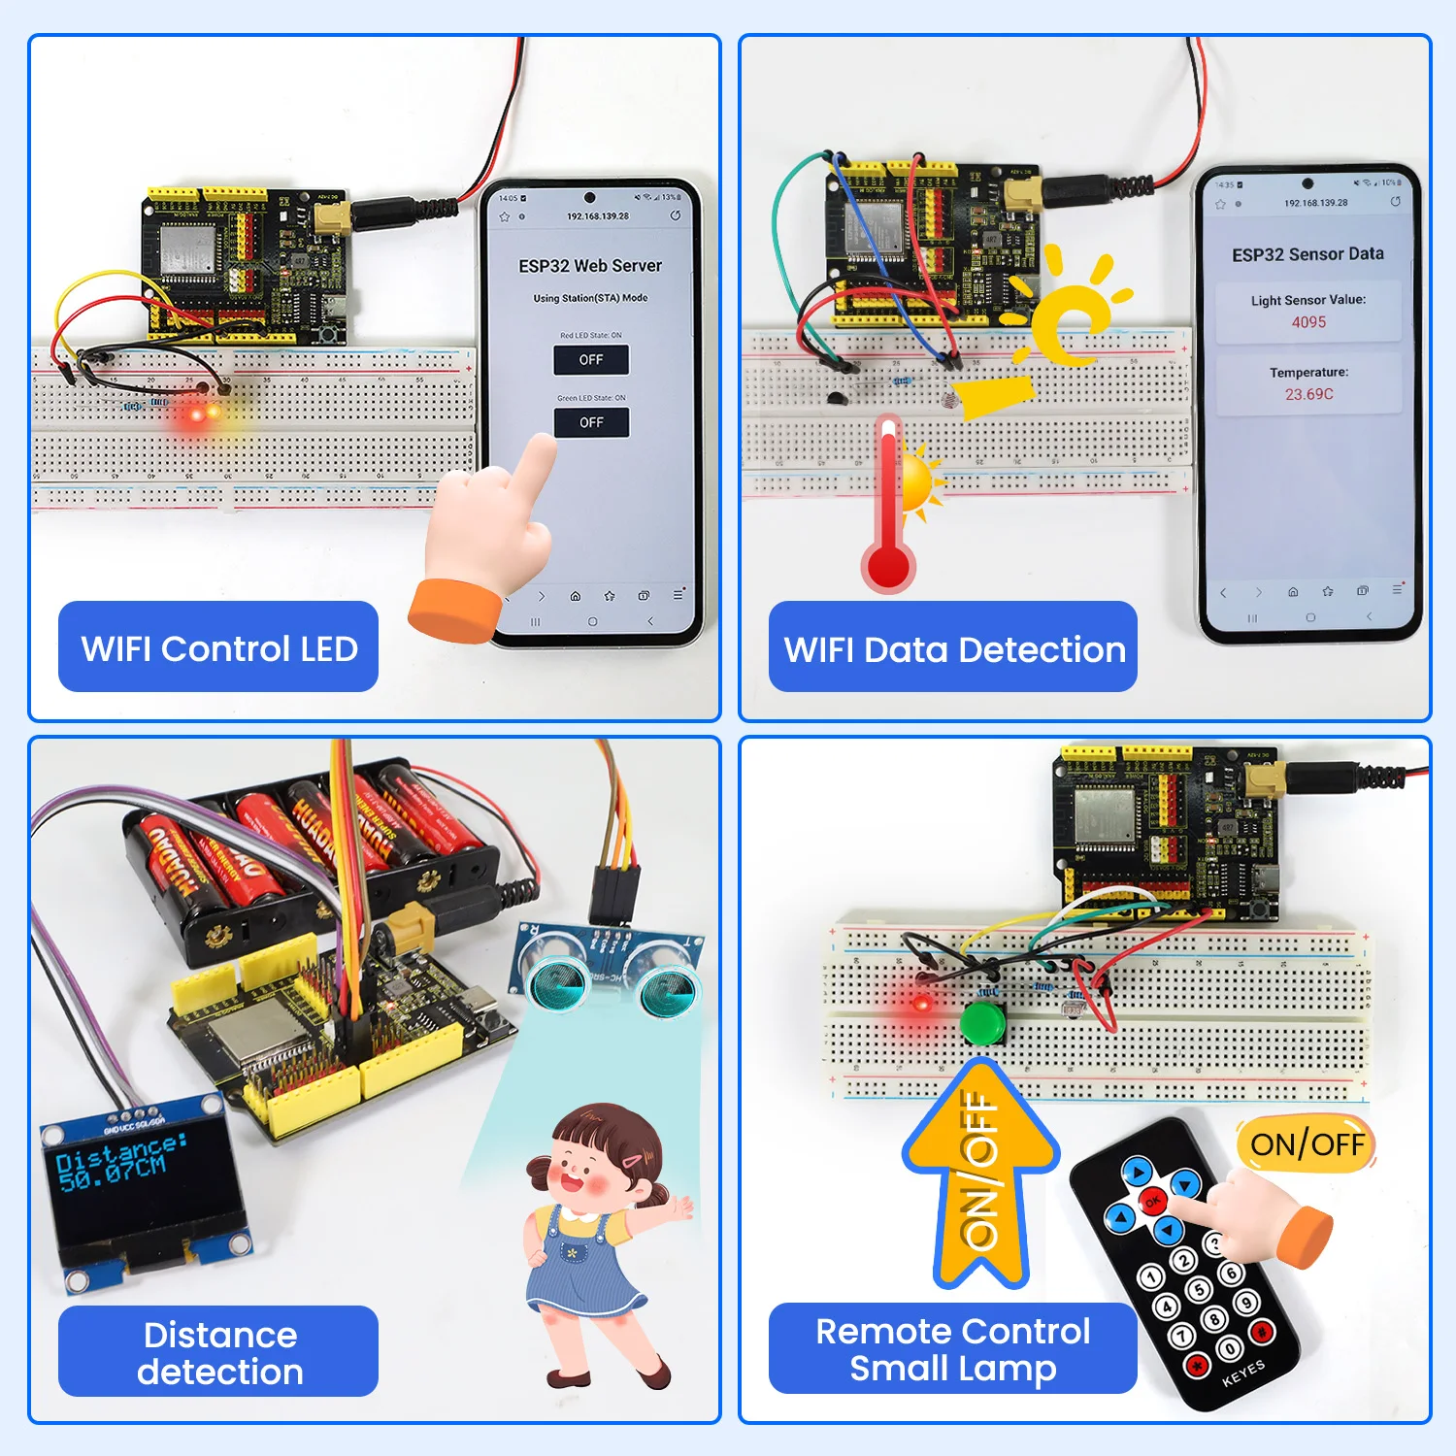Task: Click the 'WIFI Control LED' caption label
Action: (x=218, y=647)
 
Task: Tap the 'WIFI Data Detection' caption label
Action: (x=953, y=648)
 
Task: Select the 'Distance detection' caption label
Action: (x=218, y=1352)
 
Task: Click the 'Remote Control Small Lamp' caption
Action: (x=952, y=1349)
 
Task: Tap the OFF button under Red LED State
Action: (x=591, y=360)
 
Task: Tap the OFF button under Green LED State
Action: (x=591, y=422)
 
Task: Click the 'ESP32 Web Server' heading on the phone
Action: (x=590, y=266)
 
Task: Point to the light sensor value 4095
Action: (x=1307, y=322)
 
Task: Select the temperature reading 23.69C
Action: (x=1308, y=394)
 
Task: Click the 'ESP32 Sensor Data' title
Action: (x=1307, y=254)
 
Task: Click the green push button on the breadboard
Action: (x=982, y=1021)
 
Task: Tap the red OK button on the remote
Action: (x=1152, y=1202)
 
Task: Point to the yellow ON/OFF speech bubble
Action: (x=1307, y=1144)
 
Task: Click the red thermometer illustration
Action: (x=888, y=510)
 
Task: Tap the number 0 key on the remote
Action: (x=1229, y=1348)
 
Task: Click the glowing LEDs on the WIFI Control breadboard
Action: (x=204, y=414)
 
